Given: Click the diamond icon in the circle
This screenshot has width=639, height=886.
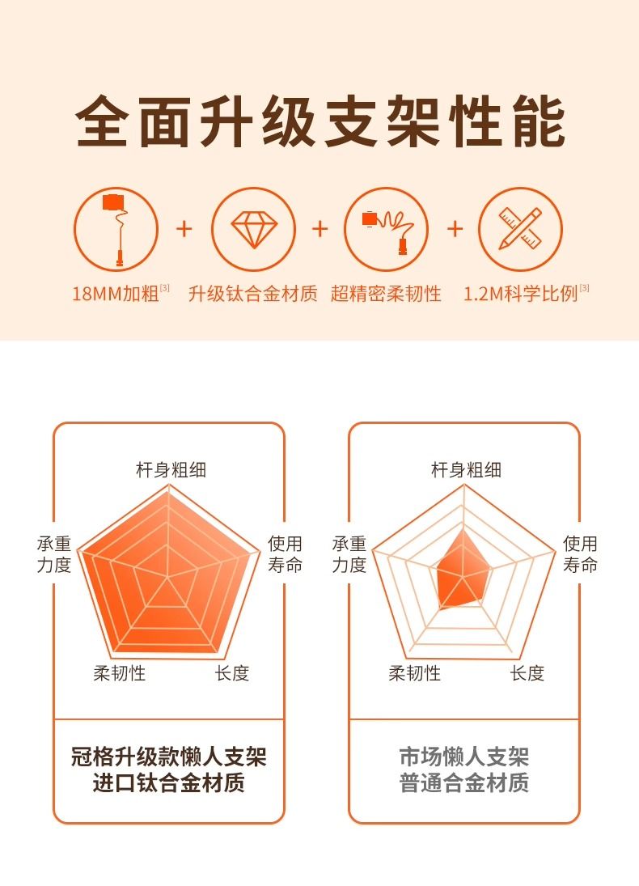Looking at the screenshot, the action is pyautogui.click(x=254, y=230).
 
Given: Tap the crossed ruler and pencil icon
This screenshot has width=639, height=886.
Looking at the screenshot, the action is pyautogui.click(x=520, y=228).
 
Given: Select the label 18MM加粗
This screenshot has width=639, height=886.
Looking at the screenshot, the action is pyautogui.click(x=115, y=294).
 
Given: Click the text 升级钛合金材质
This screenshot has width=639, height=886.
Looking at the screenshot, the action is pyautogui.click(x=252, y=294).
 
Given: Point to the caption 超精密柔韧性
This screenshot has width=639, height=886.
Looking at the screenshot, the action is pyautogui.click(x=386, y=294).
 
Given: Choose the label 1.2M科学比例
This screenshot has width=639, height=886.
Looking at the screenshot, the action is pyautogui.click(x=520, y=294).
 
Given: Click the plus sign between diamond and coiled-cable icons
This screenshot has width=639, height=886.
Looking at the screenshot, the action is pyautogui.click(x=319, y=229).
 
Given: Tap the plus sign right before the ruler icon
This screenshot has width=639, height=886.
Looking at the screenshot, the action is pyautogui.click(x=455, y=229).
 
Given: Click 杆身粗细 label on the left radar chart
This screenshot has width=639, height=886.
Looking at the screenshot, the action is pyautogui.click(x=171, y=469).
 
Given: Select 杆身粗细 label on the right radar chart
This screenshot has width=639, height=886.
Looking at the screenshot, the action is pyautogui.click(x=466, y=469).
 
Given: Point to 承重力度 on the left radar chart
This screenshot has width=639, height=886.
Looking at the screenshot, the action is pyautogui.click(x=53, y=553).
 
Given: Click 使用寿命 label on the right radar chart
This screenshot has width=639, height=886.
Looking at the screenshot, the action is pyautogui.click(x=580, y=553).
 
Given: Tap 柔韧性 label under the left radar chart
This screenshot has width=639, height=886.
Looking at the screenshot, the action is pyautogui.click(x=119, y=673).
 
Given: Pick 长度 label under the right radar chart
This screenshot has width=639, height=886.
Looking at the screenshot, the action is pyautogui.click(x=527, y=673).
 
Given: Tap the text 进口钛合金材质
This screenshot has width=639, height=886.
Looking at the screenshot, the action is pyautogui.click(x=168, y=782).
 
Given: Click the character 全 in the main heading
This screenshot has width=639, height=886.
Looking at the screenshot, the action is pyautogui.click(x=102, y=121).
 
